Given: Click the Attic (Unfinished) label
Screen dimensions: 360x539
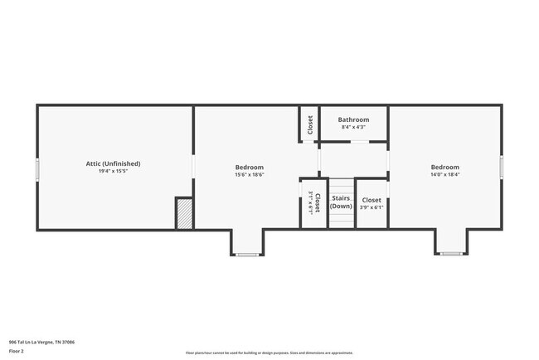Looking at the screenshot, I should point(114,163).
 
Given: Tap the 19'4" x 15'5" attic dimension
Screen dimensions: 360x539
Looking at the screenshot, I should point(114,172).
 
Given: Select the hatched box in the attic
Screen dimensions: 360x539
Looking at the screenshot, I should point(184,214).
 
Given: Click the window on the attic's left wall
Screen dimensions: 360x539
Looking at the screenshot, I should point(36,168).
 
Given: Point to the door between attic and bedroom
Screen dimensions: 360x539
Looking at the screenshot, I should point(194,166).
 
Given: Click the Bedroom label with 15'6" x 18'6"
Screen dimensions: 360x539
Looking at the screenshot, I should point(249,168).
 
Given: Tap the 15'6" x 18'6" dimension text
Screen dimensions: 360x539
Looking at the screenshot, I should point(249,175).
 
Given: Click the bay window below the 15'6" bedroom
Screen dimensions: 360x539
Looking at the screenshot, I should point(247,254).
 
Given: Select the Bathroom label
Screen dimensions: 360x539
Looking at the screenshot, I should point(353,119).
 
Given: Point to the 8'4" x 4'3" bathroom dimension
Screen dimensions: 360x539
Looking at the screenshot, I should point(353,127).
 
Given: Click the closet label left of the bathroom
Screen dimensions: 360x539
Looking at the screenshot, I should point(310,124).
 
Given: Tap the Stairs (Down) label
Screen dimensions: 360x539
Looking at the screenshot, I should point(342,202).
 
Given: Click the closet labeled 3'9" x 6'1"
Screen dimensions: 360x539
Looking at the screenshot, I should point(371,200).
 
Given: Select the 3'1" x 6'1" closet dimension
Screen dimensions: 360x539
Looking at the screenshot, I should point(309,204).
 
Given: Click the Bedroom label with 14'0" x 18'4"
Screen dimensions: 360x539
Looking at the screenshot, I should point(444,168).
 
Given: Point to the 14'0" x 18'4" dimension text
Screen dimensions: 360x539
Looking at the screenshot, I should point(444,175).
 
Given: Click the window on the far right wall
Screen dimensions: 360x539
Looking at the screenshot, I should point(502,167).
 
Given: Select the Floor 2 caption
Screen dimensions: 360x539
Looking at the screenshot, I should point(17,351).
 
